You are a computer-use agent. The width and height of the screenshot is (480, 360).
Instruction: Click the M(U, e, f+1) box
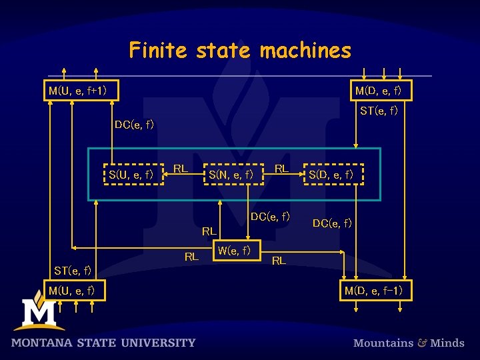point(81,90)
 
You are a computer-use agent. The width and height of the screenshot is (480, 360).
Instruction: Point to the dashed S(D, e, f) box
point(334,175)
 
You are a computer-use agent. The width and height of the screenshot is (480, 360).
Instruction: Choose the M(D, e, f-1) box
point(378,291)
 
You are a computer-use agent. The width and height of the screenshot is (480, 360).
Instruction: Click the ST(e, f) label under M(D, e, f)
point(379,111)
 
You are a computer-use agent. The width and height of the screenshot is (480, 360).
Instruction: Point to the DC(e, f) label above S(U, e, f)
point(134,124)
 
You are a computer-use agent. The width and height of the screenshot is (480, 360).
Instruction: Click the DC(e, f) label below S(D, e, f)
point(332,223)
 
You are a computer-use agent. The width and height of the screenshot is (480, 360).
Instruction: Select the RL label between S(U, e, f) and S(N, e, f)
point(180,168)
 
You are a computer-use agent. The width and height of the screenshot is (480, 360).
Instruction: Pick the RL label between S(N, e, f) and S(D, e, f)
point(281,169)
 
